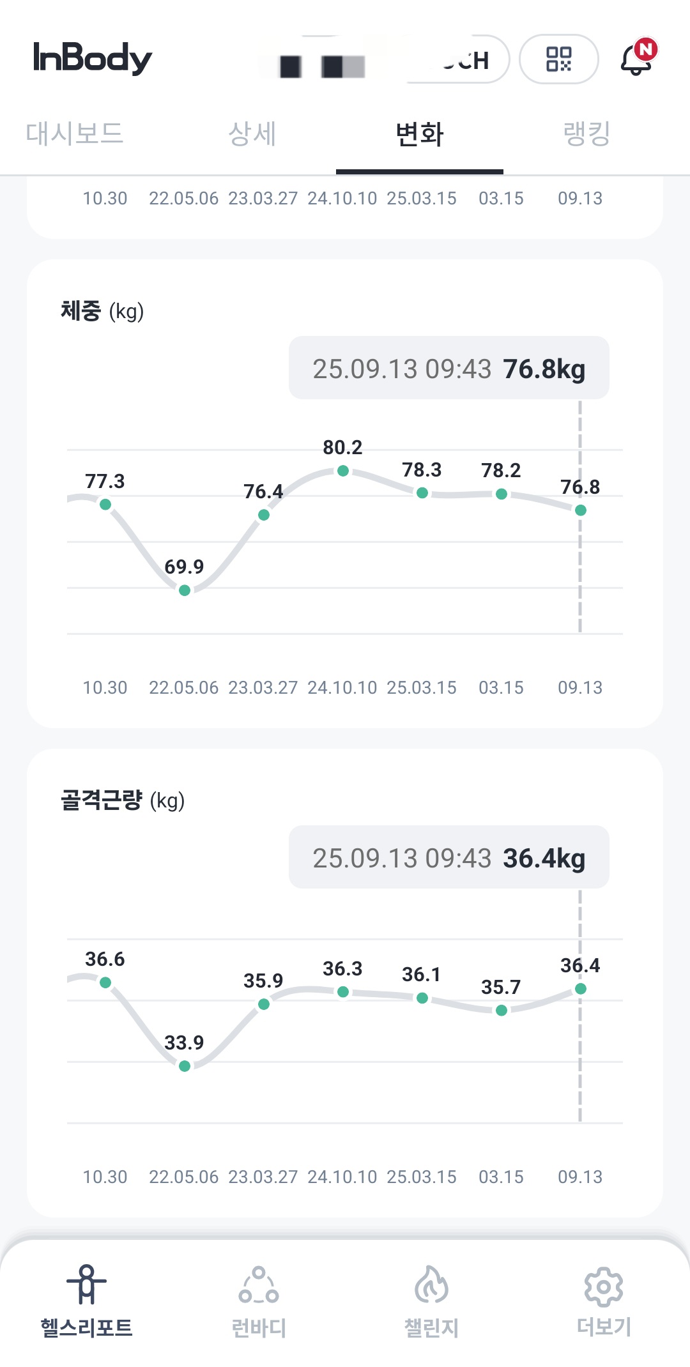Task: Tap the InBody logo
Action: coord(93,58)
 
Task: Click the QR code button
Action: coord(558,59)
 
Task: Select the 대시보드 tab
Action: coord(75,134)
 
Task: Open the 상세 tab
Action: coord(252,134)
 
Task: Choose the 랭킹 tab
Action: coord(586,134)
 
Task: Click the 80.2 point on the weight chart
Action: coord(343,471)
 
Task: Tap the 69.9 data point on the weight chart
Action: coord(185,590)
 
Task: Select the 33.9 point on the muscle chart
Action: coord(185,1066)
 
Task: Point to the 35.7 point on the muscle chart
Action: coord(502,1010)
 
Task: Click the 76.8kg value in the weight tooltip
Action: coord(544,369)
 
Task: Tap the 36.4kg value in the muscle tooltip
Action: coord(544,858)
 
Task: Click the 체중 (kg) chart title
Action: coord(102,311)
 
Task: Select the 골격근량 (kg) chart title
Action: coord(123,800)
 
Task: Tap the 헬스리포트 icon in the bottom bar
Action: coord(86,1284)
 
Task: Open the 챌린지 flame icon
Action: coord(431,1284)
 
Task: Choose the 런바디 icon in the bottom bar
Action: coord(259,1285)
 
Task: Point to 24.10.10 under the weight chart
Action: coord(342,687)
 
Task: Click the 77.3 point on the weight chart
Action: coord(105,505)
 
